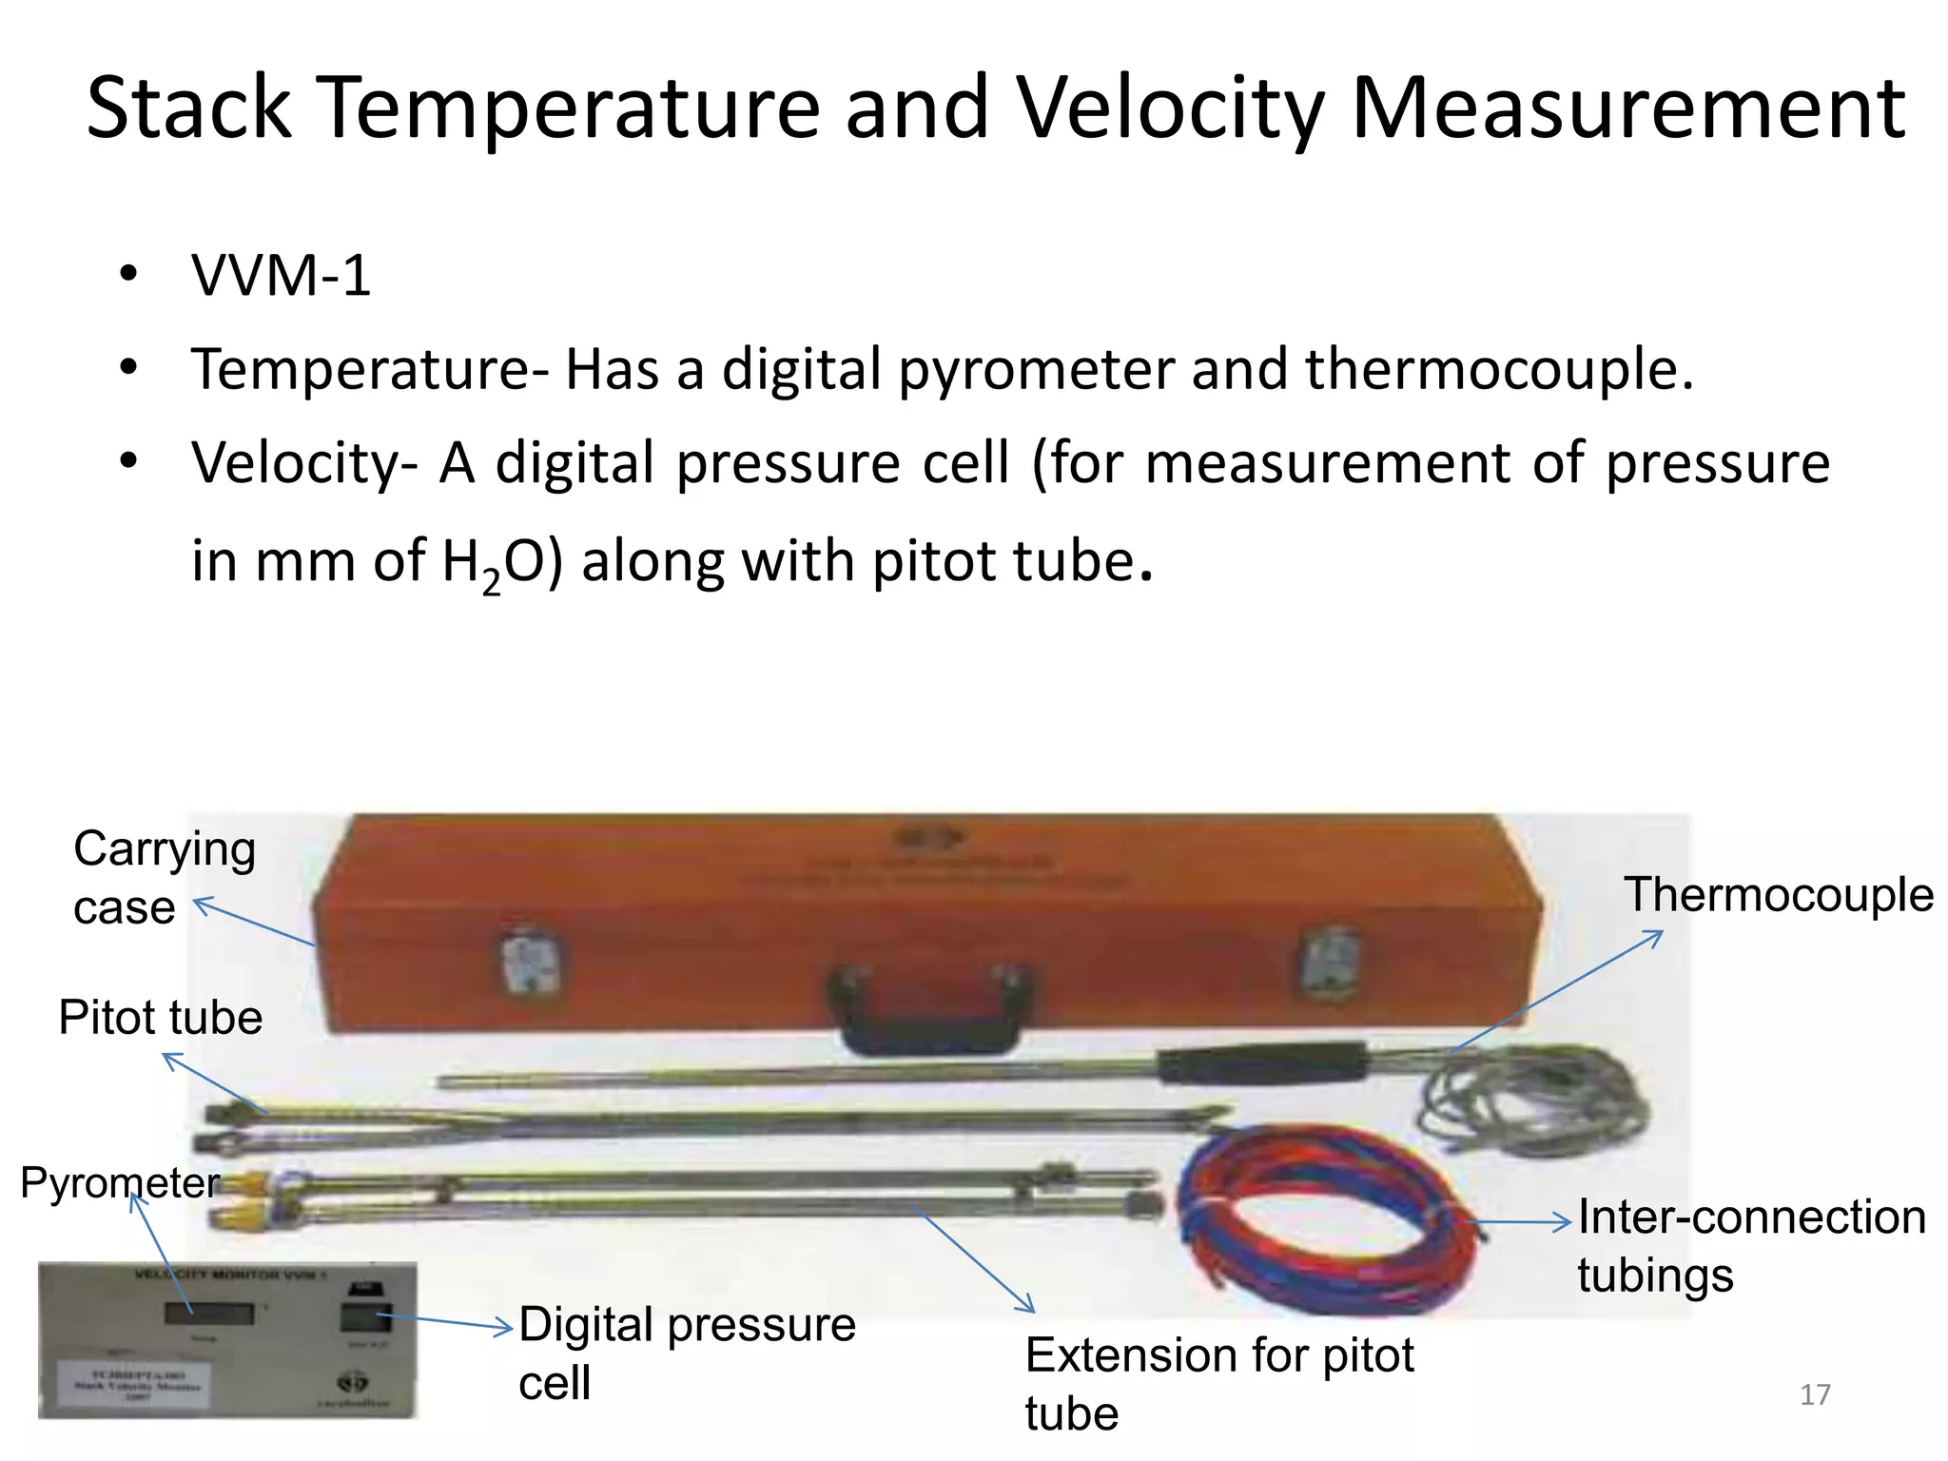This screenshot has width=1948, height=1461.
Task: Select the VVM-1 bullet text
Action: (281, 276)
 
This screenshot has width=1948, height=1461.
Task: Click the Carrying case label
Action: (164, 877)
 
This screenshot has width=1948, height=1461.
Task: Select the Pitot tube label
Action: (160, 1017)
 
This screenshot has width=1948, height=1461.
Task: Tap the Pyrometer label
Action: (120, 1182)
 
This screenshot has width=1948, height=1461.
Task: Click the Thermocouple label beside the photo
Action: (1778, 895)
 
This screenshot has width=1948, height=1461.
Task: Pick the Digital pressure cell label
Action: (687, 1352)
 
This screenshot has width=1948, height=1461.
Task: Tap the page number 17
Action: (1815, 1394)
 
